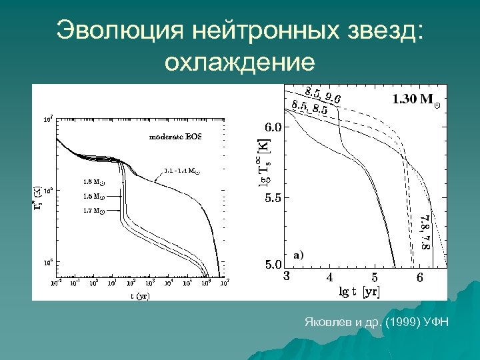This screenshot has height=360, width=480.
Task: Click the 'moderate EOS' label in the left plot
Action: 174,137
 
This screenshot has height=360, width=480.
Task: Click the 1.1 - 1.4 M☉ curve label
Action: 180,170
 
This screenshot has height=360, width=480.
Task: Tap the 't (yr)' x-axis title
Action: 140,295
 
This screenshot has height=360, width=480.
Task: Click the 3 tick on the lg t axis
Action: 286,276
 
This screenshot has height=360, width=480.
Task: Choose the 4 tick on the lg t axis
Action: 329,277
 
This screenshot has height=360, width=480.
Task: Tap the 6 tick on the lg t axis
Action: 419,277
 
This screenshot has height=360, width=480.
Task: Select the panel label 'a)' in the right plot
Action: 298,254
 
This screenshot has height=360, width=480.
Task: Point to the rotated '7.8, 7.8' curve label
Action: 426,231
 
